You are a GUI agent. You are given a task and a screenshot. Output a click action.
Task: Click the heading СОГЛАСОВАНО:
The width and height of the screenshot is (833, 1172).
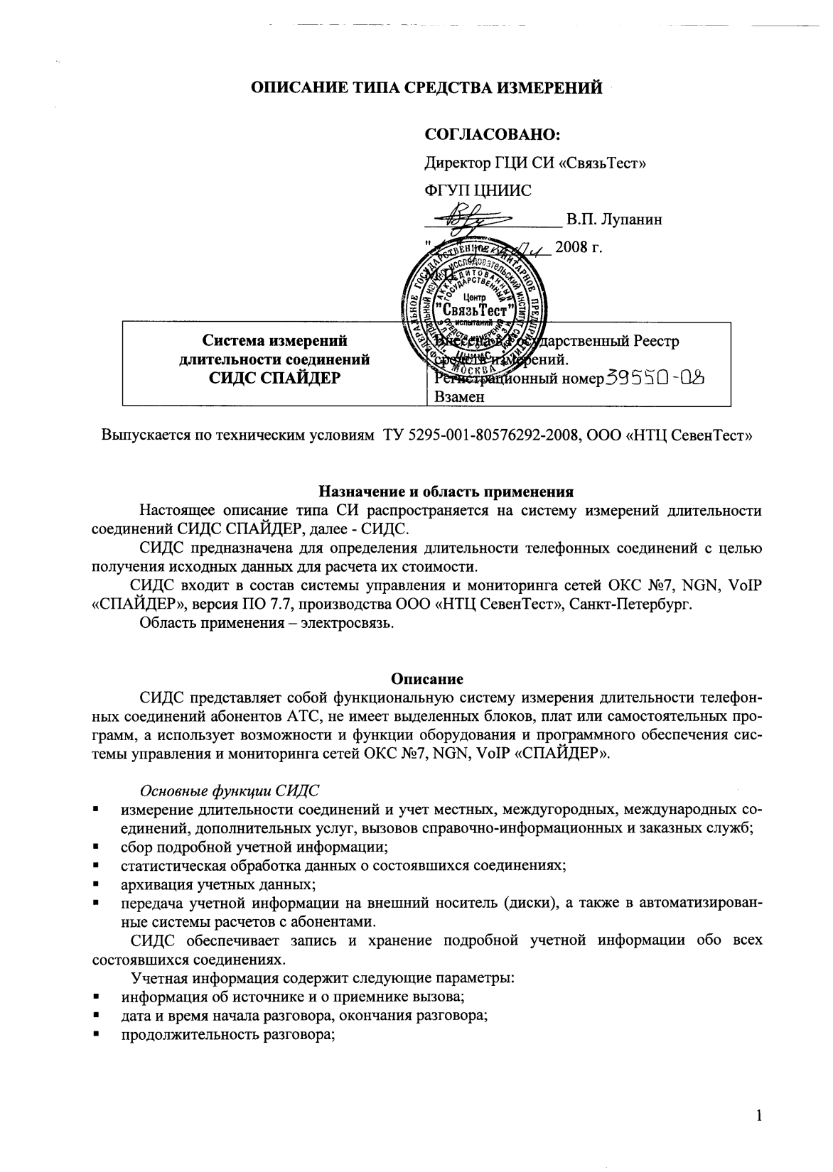click(493, 135)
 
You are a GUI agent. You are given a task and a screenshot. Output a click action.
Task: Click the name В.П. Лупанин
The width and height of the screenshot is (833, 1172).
click(614, 219)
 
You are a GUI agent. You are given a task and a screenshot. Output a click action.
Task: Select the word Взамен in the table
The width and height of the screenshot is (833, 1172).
click(459, 397)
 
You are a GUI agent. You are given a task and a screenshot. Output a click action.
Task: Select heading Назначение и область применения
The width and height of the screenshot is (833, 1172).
click(445, 492)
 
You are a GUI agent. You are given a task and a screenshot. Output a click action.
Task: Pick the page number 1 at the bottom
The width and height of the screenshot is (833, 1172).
click(759, 1117)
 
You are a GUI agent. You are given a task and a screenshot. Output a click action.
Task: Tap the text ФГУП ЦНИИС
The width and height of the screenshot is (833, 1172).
click(478, 190)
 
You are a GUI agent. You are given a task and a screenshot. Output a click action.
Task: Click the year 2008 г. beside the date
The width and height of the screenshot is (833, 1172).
click(579, 247)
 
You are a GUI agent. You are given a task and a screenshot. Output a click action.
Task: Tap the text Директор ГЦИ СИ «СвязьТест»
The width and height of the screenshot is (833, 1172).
click(534, 163)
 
